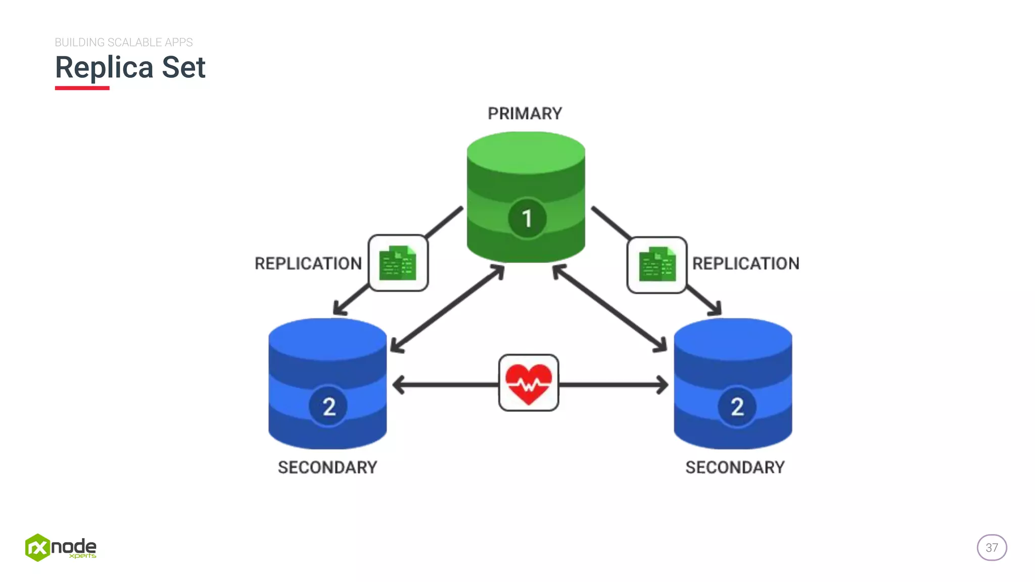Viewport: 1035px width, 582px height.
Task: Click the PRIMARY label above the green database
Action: (x=525, y=114)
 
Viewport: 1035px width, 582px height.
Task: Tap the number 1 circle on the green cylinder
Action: (x=527, y=219)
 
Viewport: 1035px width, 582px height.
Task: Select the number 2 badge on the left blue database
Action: (x=328, y=406)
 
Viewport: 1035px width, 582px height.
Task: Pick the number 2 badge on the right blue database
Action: (x=737, y=406)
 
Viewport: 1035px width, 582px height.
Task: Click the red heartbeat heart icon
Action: (x=529, y=383)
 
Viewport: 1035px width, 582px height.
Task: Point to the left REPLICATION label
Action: (x=308, y=264)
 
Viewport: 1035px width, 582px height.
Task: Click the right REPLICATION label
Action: (x=745, y=264)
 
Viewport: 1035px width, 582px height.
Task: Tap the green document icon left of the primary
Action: (x=398, y=263)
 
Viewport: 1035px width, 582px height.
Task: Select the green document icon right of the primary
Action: (x=657, y=264)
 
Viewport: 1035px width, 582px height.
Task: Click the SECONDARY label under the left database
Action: (x=327, y=467)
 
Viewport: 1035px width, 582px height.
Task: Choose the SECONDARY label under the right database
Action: (x=735, y=467)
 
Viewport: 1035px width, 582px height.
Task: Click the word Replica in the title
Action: (x=104, y=68)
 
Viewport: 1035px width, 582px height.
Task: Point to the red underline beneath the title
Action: (x=82, y=88)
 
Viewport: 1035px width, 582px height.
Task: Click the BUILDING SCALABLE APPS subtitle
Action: (x=124, y=42)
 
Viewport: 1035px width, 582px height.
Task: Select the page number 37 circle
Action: (x=992, y=548)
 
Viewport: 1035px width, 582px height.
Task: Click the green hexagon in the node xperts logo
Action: (x=37, y=548)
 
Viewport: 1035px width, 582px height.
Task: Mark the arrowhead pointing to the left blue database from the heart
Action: (x=398, y=385)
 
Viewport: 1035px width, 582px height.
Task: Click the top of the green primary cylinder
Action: (x=526, y=152)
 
